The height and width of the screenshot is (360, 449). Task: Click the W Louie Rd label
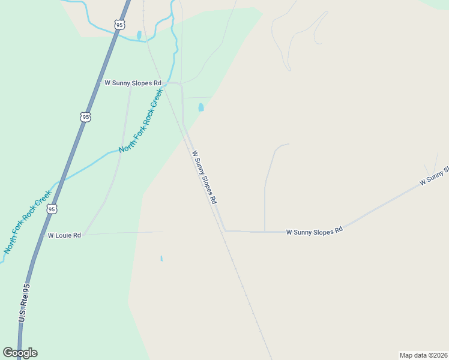(64, 236)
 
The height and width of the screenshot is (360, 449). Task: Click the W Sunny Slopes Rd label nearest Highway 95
(133, 83)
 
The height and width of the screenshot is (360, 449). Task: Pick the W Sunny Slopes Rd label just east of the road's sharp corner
(314, 231)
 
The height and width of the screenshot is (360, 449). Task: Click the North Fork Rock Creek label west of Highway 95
(27, 226)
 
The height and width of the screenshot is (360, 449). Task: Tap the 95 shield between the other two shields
(85, 116)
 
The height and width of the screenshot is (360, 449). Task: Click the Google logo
(20, 353)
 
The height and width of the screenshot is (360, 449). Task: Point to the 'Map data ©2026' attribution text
(423, 355)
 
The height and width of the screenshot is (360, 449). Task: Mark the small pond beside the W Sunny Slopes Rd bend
(200, 107)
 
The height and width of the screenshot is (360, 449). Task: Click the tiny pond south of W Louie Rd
(161, 259)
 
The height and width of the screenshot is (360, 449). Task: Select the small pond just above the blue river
(139, 35)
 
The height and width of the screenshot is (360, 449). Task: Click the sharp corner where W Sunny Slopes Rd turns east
(224, 231)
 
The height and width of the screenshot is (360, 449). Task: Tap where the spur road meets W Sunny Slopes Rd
(265, 231)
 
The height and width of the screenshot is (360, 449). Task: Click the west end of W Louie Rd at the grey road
(85, 234)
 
